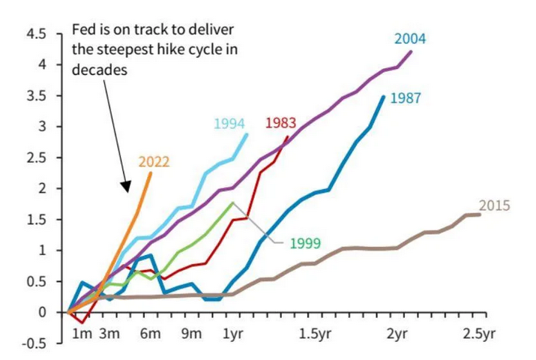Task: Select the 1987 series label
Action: pos(405,97)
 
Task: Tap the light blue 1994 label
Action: pos(229,124)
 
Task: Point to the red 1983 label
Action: pos(281,123)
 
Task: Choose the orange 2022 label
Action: pos(154,161)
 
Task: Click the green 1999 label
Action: pos(305,242)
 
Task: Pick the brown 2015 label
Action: pos(494,205)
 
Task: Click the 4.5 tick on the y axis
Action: pos(35,34)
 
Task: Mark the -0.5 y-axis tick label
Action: pos(33,343)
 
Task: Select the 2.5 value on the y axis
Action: pos(35,158)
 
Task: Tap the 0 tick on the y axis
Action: pos(42,312)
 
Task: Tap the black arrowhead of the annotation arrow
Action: pos(126,184)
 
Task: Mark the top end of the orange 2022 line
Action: pos(151,173)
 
